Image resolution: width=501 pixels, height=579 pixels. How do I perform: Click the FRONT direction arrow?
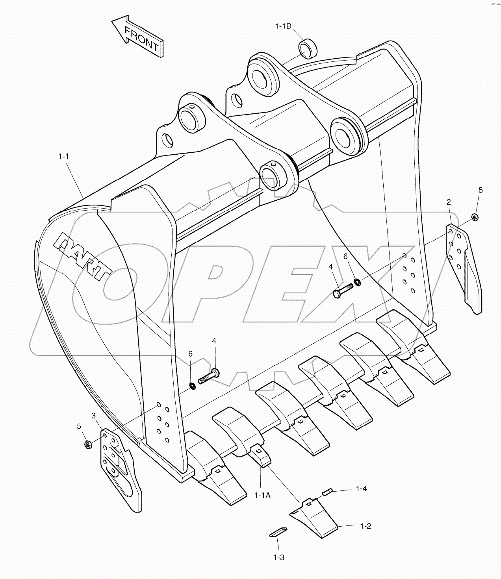(138, 36)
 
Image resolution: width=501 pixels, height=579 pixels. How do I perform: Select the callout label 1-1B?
(283, 26)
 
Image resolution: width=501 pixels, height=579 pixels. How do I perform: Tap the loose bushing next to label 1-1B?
(308, 49)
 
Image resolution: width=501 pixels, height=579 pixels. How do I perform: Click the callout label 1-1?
(63, 157)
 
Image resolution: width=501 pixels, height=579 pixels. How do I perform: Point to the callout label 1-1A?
(262, 496)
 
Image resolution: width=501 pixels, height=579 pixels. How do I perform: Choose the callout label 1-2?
(366, 526)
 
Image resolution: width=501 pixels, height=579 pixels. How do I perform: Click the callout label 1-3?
(278, 557)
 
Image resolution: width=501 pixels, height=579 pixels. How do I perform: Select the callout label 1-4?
(361, 488)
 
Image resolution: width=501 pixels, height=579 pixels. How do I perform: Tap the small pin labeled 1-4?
(328, 491)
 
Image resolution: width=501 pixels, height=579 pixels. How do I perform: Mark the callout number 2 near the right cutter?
(449, 202)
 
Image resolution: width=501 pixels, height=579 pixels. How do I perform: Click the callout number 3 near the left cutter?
(93, 416)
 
